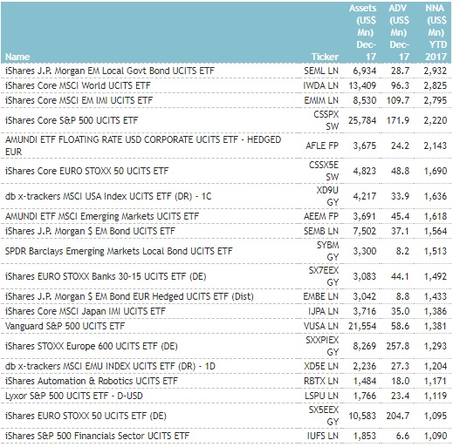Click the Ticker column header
tap(325, 57)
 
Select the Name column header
tap(17, 57)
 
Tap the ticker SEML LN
tap(321, 71)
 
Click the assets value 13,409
tap(362, 85)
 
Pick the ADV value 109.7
tap(398, 100)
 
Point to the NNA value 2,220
tap(436, 120)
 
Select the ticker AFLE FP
tap(322, 146)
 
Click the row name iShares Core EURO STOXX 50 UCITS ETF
tap(86, 171)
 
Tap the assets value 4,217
tap(364, 196)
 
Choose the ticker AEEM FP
tap(321, 216)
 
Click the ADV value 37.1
tap(400, 231)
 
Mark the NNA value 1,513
tap(436, 251)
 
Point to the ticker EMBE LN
tap(321, 296)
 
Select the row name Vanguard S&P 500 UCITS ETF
tap(65, 326)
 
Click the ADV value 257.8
tap(398, 346)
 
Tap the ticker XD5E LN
tap(321, 366)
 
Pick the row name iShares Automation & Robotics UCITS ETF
tap(92, 381)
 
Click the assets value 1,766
tap(364, 396)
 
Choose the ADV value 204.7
tap(398, 416)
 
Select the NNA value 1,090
tap(436, 436)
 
